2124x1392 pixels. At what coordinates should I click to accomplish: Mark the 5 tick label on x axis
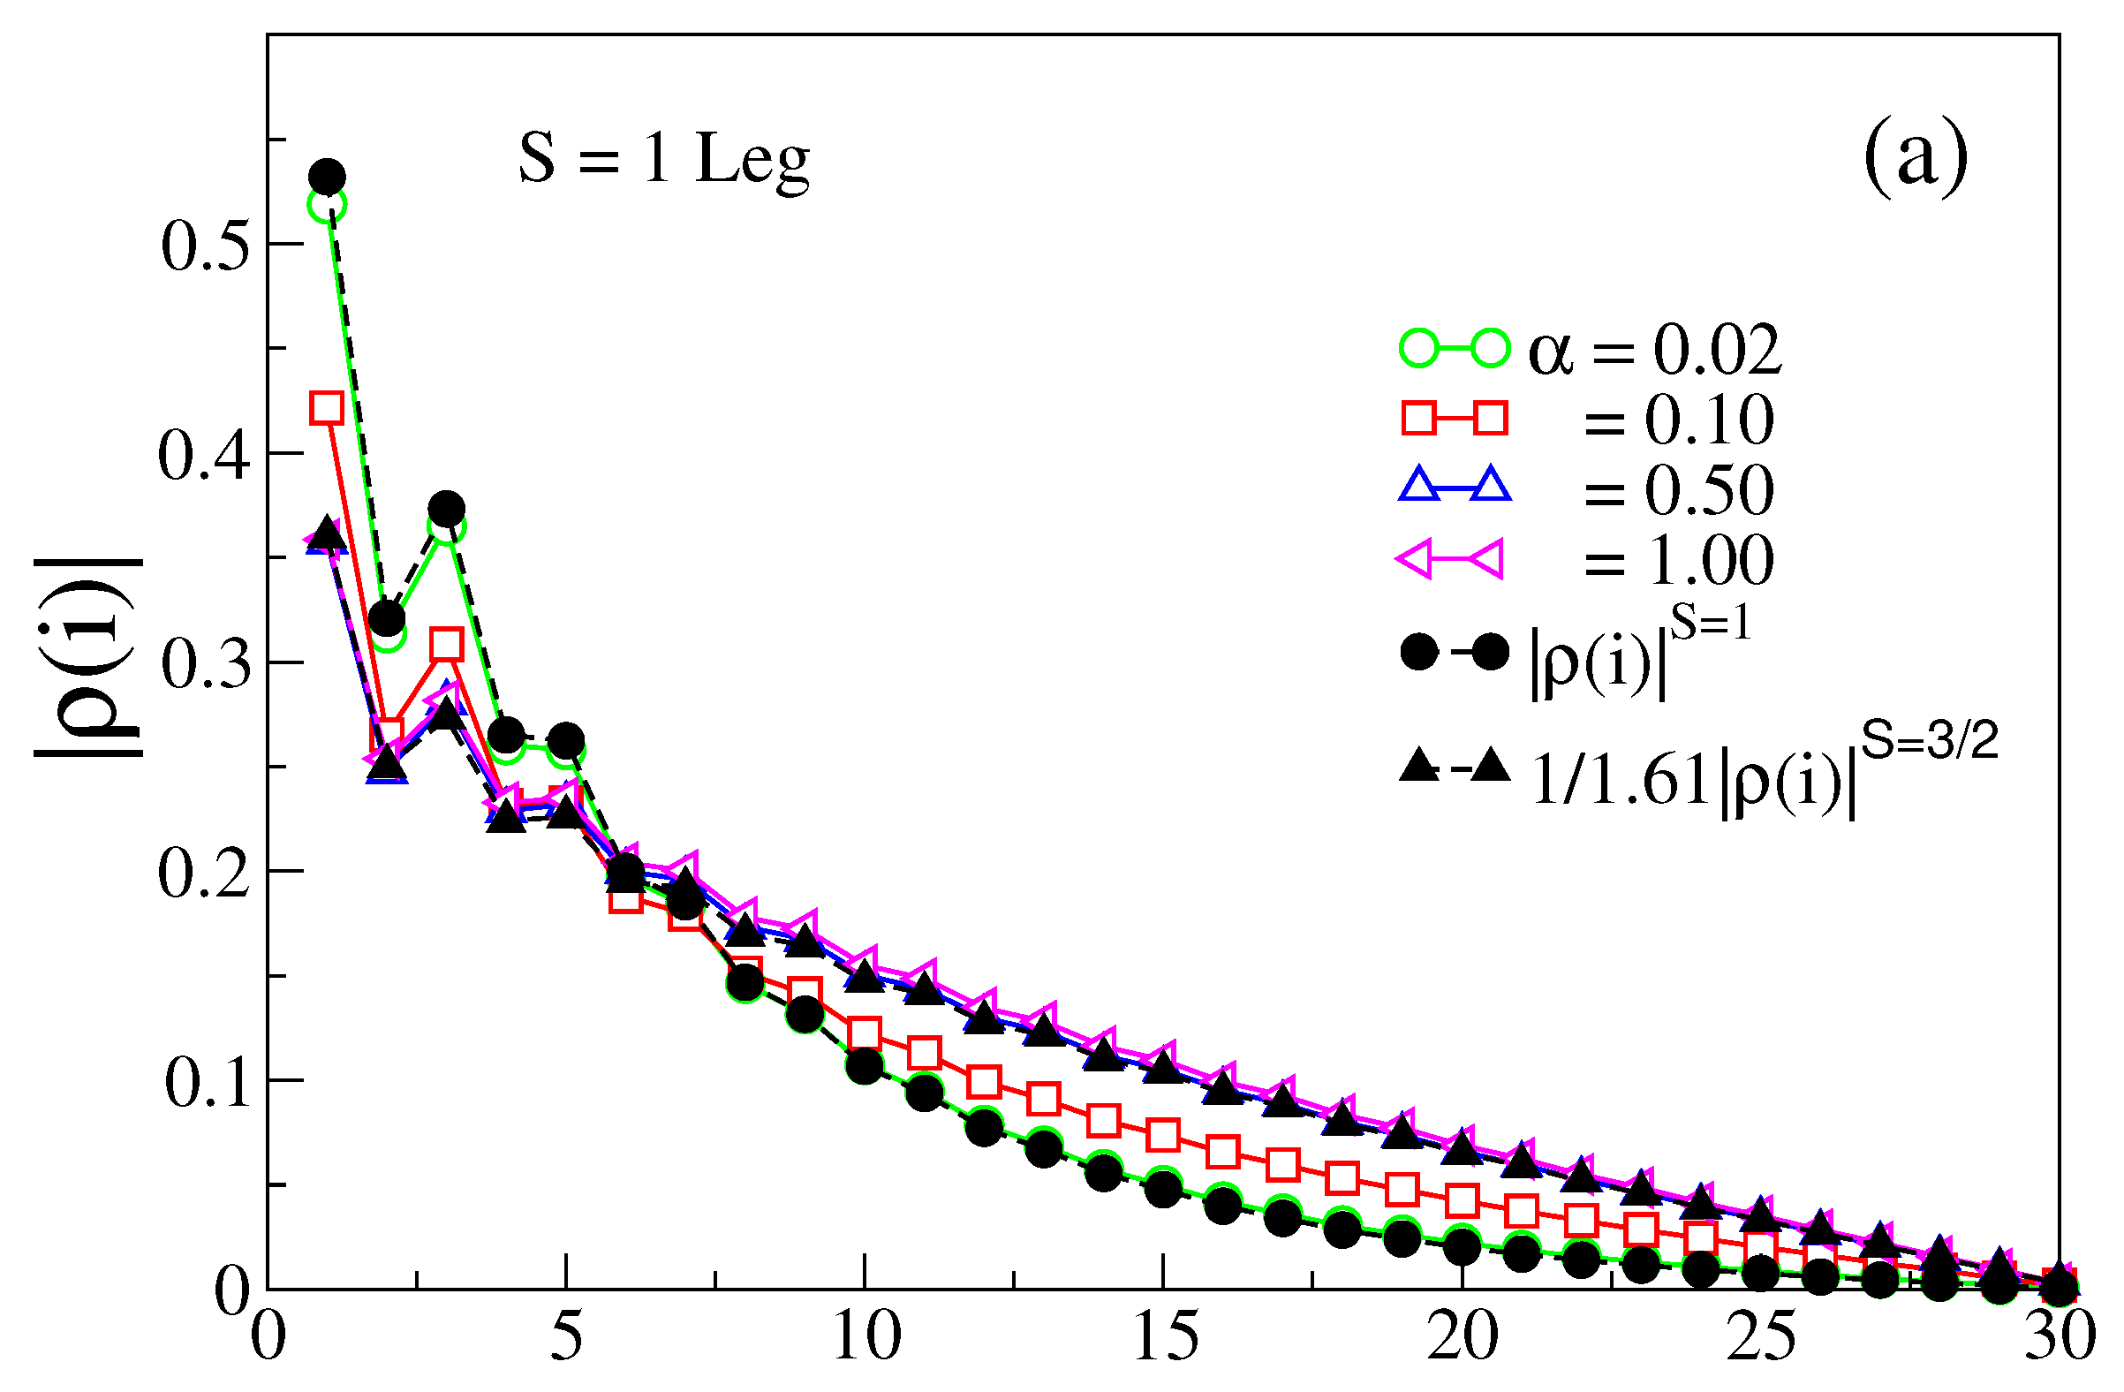(x=566, y=1338)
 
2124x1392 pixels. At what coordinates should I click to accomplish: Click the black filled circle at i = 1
(x=328, y=177)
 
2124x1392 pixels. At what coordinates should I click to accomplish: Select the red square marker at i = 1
(x=327, y=408)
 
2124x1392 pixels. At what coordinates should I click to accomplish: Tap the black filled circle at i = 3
(x=446, y=509)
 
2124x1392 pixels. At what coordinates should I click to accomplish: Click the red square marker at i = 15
(x=1163, y=1136)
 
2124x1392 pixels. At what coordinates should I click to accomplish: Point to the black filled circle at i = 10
(x=864, y=1066)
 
